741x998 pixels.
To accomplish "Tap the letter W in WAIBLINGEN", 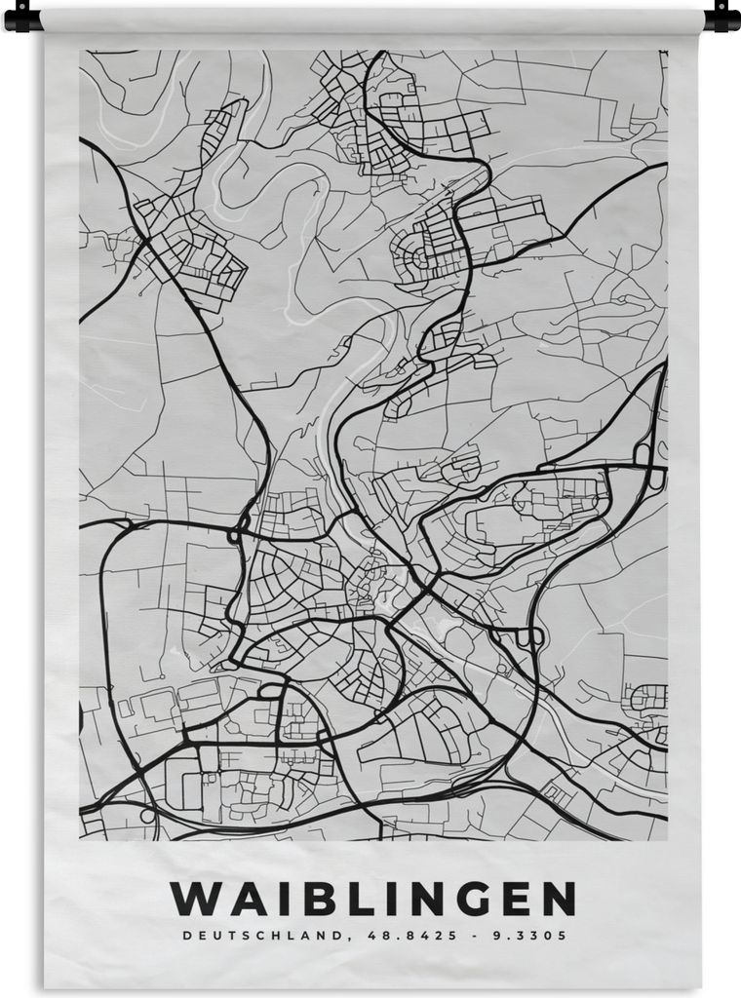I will click(192, 899).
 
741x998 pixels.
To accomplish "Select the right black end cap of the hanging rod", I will click(722, 17).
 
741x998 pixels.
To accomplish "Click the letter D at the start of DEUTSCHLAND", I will click(185, 936).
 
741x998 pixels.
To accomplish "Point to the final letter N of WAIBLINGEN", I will click(556, 899).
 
